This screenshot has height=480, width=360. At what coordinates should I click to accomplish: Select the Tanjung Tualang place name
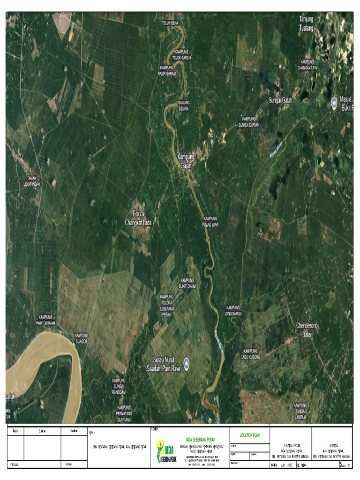coord(306,23)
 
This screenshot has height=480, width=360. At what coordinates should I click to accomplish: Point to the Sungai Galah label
coord(280,99)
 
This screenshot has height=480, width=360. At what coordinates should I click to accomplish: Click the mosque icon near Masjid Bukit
coord(334,102)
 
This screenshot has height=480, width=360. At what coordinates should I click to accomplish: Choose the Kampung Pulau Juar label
coord(211,221)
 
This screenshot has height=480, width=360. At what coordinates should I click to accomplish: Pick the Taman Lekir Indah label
coord(32,181)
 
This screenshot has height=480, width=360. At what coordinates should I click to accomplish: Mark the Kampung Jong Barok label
coord(233,310)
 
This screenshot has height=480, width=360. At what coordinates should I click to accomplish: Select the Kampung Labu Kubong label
coord(251,354)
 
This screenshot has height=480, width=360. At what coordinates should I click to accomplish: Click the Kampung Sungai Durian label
coord(249,122)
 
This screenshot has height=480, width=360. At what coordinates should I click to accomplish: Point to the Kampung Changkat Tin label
coord(307,65)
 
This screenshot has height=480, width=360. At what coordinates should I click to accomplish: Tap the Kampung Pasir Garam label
coord(167,70)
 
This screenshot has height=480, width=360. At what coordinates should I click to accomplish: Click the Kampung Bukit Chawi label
coord(187,283)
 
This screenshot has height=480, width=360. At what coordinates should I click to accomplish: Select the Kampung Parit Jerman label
coord(46,320)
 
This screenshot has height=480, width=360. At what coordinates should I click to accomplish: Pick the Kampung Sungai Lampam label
coord(300,411)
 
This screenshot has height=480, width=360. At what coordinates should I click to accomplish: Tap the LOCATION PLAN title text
coord(249,435)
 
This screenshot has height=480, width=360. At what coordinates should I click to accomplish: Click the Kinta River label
coord(277,150)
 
